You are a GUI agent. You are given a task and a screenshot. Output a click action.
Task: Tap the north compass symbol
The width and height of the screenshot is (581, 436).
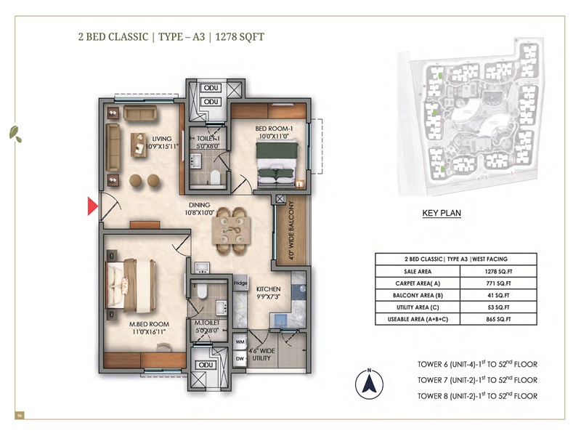pyautogui.click(x=369, y=384)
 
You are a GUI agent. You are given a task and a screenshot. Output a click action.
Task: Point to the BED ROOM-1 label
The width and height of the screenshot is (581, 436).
pyautogui.click(x=272, y=132)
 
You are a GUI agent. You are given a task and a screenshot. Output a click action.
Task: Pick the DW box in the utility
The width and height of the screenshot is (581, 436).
pyautogui.click(x=240, y=358)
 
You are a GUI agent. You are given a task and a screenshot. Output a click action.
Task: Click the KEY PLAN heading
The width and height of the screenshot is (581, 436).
pyautogui.click(x=442, y=214)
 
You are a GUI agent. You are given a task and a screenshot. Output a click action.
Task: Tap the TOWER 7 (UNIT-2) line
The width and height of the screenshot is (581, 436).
pyautogui.click(x=476, y=380)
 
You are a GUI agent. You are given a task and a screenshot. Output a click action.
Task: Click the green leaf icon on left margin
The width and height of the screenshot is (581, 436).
pyautogui.click(x=14, y=132)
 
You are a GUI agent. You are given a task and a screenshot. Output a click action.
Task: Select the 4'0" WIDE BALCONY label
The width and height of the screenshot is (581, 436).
pyautogui.click(x=290, y=231)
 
